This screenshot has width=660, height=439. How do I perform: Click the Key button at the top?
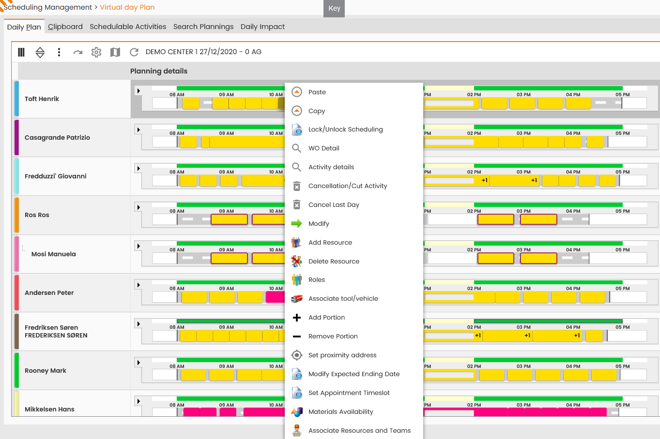pos(334,8)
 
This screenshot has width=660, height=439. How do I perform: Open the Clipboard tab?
pos(65,27)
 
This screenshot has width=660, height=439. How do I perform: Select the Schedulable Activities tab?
pos(128,27)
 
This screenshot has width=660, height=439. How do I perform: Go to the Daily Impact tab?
pos(262,27)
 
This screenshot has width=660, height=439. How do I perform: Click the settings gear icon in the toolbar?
pos(96,52)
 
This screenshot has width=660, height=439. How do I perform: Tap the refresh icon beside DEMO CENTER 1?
pos(134,52)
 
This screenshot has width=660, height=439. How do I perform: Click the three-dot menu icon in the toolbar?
pos(59,52)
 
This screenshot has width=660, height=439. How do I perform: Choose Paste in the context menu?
pos(317,92)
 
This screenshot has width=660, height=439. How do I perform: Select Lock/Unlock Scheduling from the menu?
pos(345,130)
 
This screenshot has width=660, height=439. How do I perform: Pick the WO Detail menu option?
pos(323,148)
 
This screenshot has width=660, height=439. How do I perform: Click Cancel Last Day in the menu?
pos(334,205)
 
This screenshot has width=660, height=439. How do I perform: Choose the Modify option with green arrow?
pos(319,224)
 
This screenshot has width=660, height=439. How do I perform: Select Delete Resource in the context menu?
pos(334,261)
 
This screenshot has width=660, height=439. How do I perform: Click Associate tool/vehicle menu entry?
pos(343,299)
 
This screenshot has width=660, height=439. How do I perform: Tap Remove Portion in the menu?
pos(333,337)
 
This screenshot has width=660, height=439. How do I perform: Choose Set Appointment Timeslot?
pos(349,393)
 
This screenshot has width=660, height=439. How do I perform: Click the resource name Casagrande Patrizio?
pos(57,138)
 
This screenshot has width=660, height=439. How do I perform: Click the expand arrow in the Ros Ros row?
pos(138,207)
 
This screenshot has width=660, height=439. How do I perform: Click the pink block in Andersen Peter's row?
pos(275,297)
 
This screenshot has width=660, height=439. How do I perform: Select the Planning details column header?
pos(158,71)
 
